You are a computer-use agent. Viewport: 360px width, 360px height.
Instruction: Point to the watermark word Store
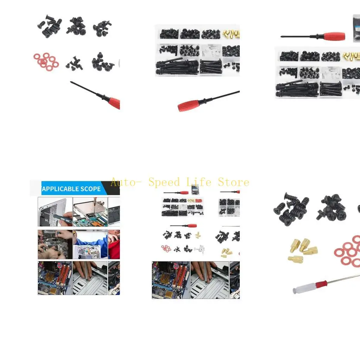[233, 182]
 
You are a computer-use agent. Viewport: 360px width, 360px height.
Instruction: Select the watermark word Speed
[164, 182]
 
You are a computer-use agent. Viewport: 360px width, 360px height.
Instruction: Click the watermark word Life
[199, 182]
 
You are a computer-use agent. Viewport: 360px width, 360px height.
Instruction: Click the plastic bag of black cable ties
[356, 28]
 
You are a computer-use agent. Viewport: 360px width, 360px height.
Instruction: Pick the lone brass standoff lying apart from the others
[295, 259]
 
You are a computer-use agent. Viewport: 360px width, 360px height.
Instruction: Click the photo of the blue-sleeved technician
[90, 244]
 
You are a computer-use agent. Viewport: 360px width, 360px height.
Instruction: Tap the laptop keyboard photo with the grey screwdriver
[55, 211]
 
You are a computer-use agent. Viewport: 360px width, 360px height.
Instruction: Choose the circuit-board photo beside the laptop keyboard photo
[90, 211]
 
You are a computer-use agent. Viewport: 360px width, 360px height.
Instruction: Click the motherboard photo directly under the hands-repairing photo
[55, 278]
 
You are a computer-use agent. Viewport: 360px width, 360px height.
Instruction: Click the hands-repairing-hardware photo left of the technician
[55, 244]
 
